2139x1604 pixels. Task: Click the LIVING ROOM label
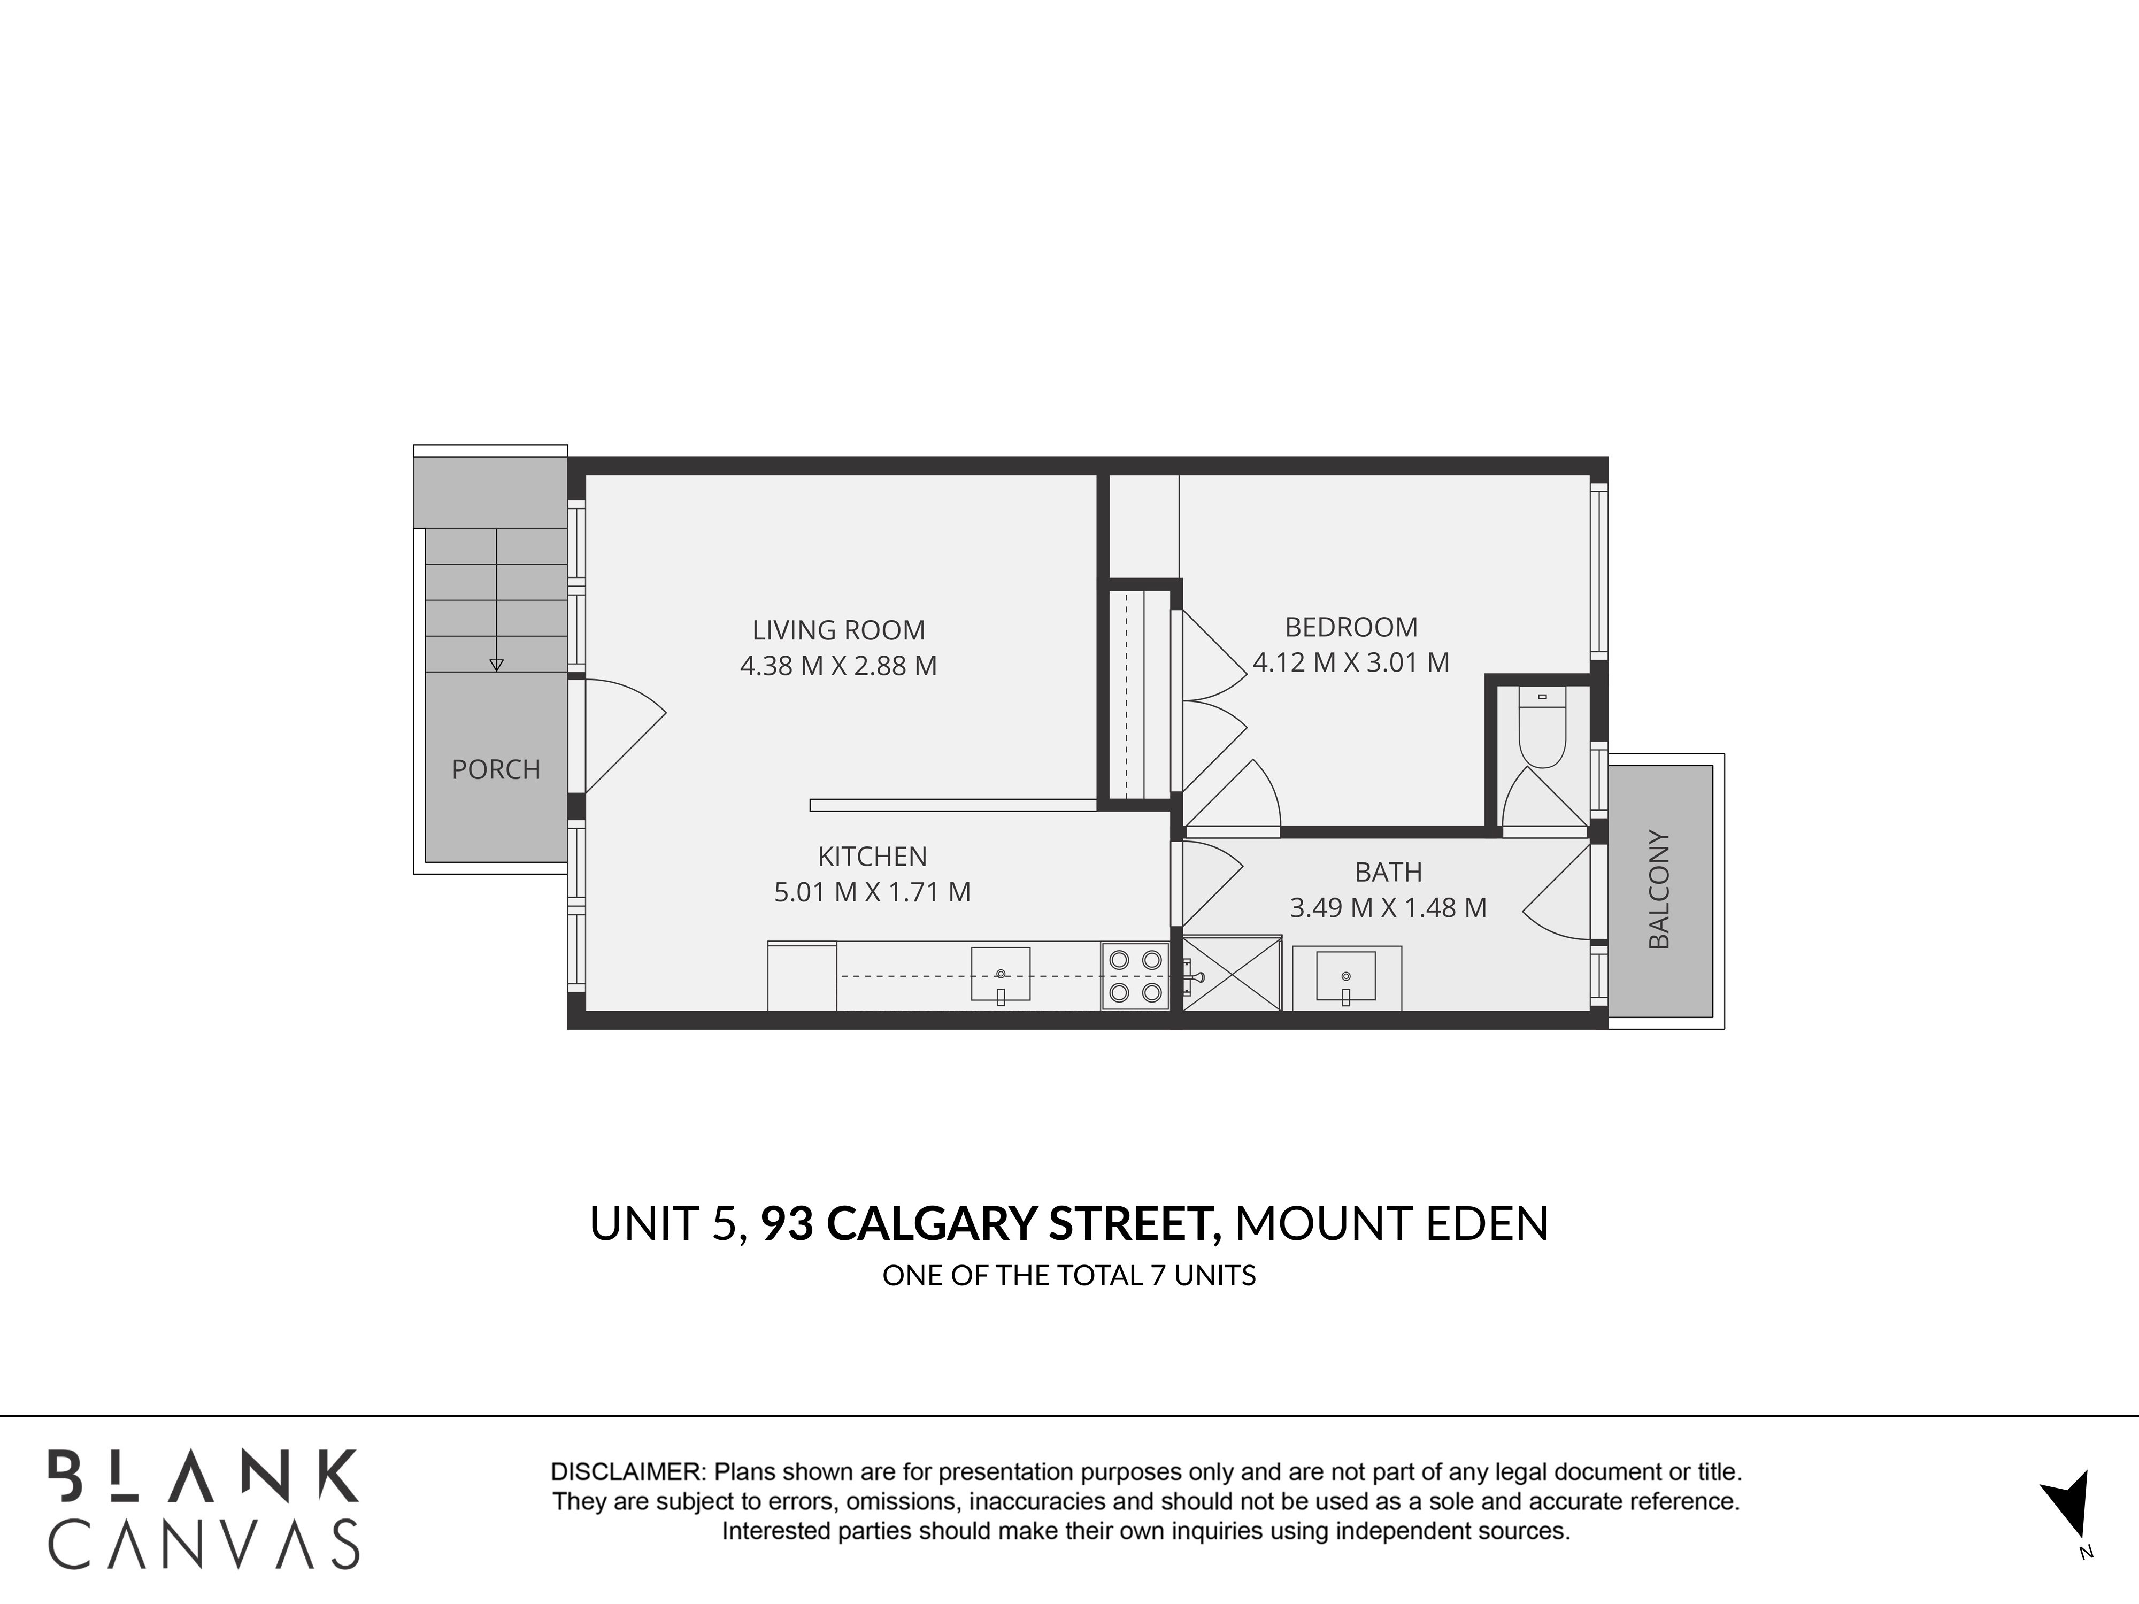(838, 630)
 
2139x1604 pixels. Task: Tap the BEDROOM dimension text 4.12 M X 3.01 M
(1351, 662)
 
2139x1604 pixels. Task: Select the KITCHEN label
(872, 857)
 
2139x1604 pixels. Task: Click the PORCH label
(496, 769)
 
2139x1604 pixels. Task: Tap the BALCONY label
(1658, 890)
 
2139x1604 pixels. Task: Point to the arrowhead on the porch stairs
(496, 665)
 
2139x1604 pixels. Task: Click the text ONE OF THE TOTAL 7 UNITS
(1068, 1276)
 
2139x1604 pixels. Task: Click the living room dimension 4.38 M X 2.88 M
(838, 666)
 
